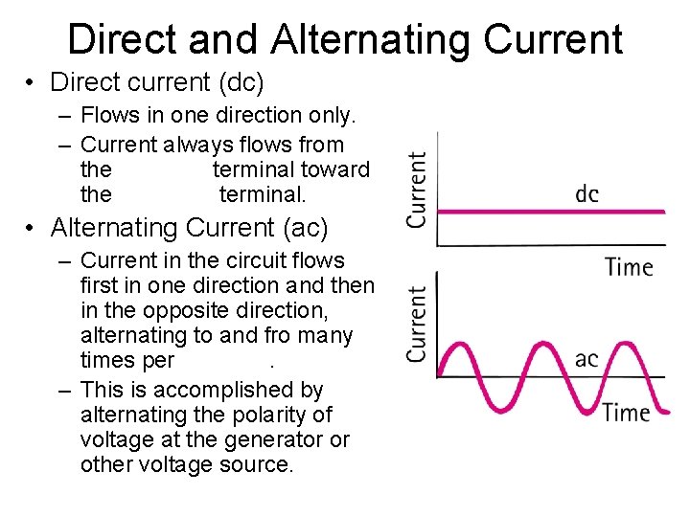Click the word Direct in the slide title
click(123, 39)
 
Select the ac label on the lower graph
click(586, 359)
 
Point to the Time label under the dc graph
click(629, 267)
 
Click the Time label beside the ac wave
click(626, 413)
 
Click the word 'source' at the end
click(259, 465)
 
